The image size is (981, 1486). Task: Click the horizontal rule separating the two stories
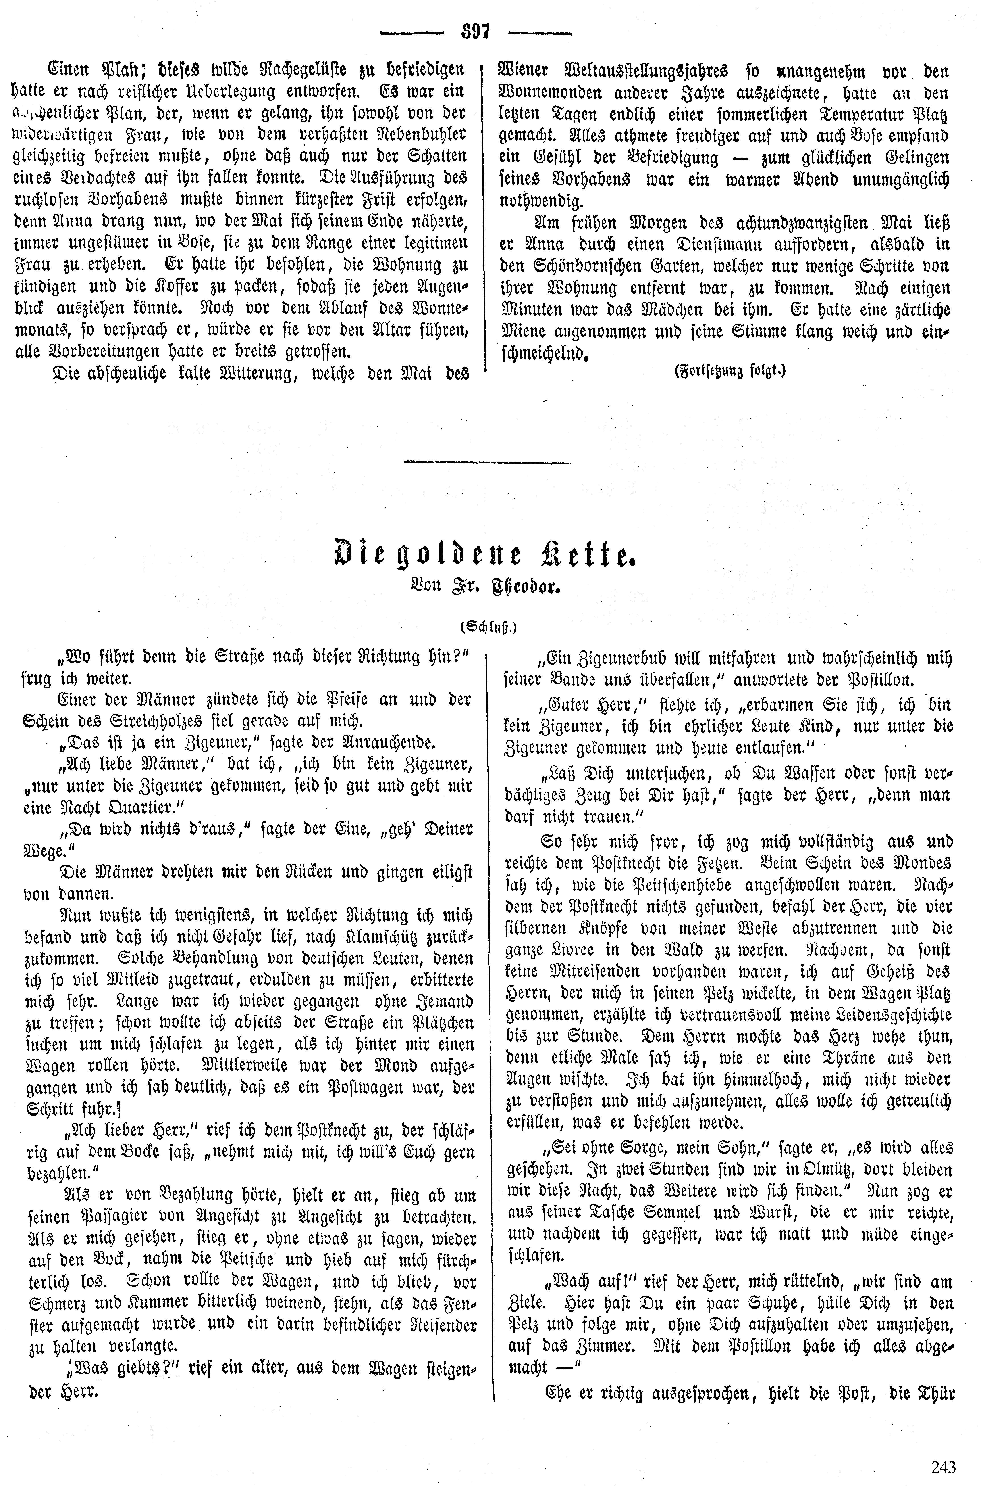[488, 463]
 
